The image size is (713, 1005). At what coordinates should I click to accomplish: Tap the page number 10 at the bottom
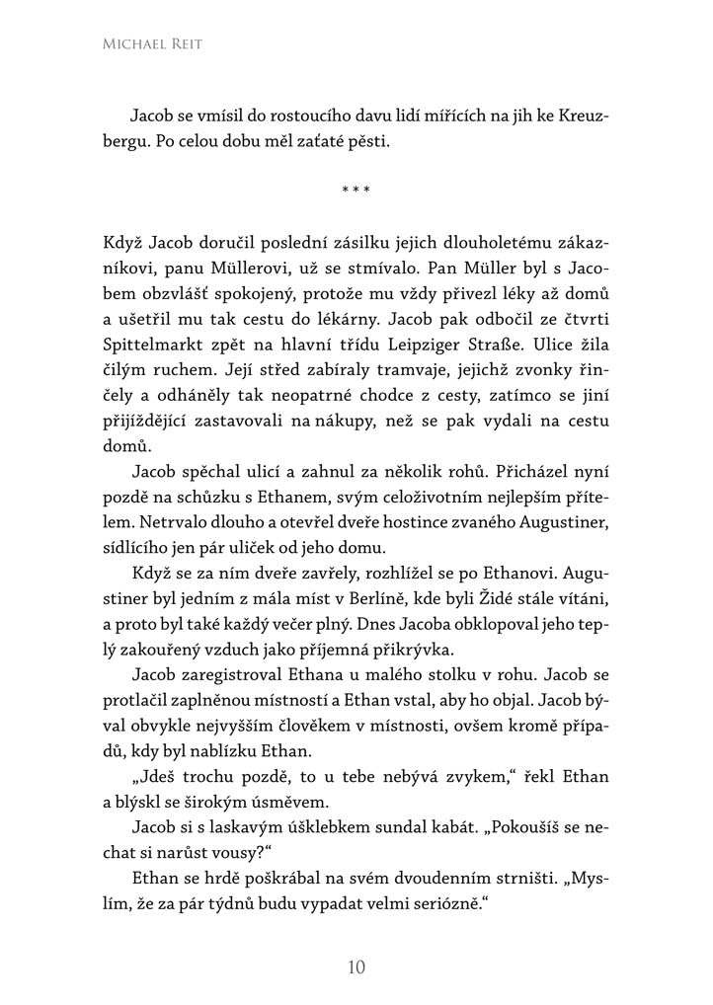tap(356, 966)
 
